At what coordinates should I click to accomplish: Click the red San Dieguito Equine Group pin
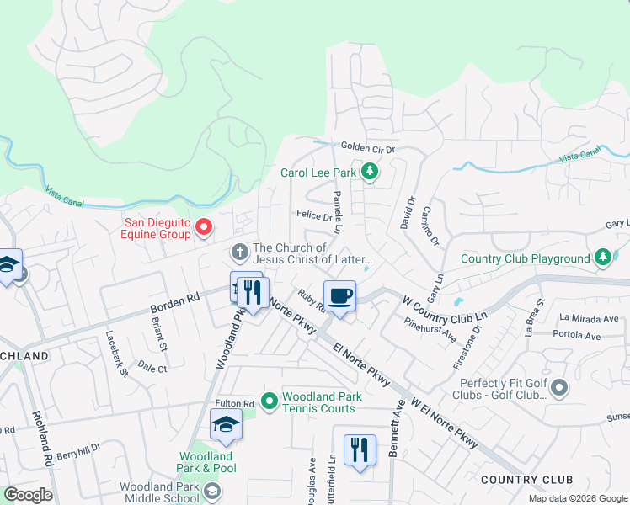point(203,227)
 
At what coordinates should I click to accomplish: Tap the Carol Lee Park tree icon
point(369,173)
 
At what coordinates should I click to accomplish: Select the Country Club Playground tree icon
point(602,257)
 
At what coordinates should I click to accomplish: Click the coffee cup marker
point(339,296)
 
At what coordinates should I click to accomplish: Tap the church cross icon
point(239,251)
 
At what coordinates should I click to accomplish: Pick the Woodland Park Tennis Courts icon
point(270,401)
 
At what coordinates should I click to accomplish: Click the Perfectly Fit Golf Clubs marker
point(560,388)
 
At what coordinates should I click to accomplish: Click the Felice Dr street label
point(314,215)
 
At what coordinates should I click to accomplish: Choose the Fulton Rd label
point(235,405)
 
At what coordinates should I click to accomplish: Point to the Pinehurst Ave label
point(430,329)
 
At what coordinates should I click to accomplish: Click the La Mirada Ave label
point(589,319)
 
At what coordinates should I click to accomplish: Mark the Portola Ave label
point(580,336)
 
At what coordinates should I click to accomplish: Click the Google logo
point(28,495)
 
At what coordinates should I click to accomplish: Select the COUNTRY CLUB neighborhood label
point(526,480)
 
